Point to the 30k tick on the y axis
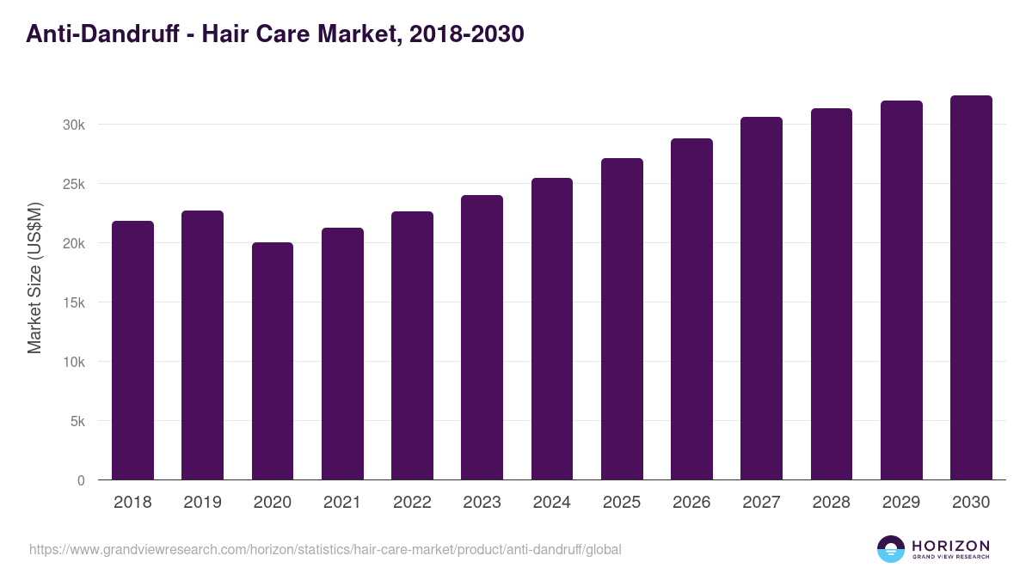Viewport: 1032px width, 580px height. point(74,125)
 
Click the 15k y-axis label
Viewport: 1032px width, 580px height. point(74,302)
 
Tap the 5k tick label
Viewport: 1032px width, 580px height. point(77,421)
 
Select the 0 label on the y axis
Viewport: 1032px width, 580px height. point(81,480)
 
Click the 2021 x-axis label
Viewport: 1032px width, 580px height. point(342,503)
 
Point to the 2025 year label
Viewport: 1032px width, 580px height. point(622,503)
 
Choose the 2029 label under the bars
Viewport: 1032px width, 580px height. point(901,503)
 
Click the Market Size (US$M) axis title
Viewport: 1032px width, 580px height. point(34,278)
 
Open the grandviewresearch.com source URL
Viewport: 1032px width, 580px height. point(325,549)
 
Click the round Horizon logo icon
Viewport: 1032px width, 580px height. point(891,549)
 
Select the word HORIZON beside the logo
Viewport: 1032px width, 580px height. point(950,545)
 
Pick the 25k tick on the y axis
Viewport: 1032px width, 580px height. point(74,184)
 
